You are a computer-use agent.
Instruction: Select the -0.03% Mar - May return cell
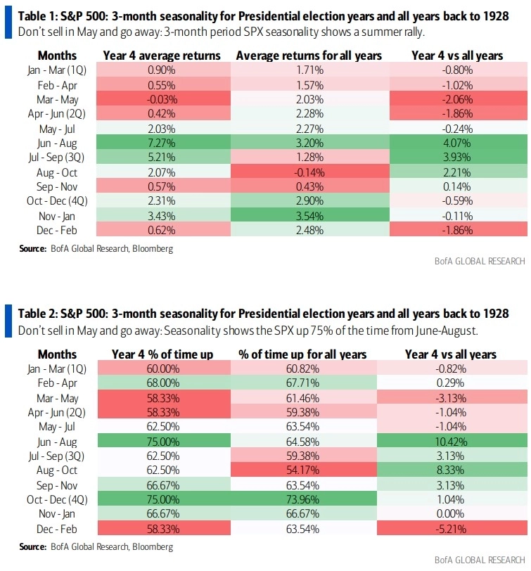[x=162, y=98]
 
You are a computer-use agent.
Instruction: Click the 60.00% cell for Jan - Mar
[x=162, y=369]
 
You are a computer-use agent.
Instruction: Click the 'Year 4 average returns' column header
[x=162, y=55]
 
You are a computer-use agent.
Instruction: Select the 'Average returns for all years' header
[x=309, y=55]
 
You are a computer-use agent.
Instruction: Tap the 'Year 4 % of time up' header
[x=162, y=354]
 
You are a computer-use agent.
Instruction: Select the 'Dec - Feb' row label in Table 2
[x=58, y=528]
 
